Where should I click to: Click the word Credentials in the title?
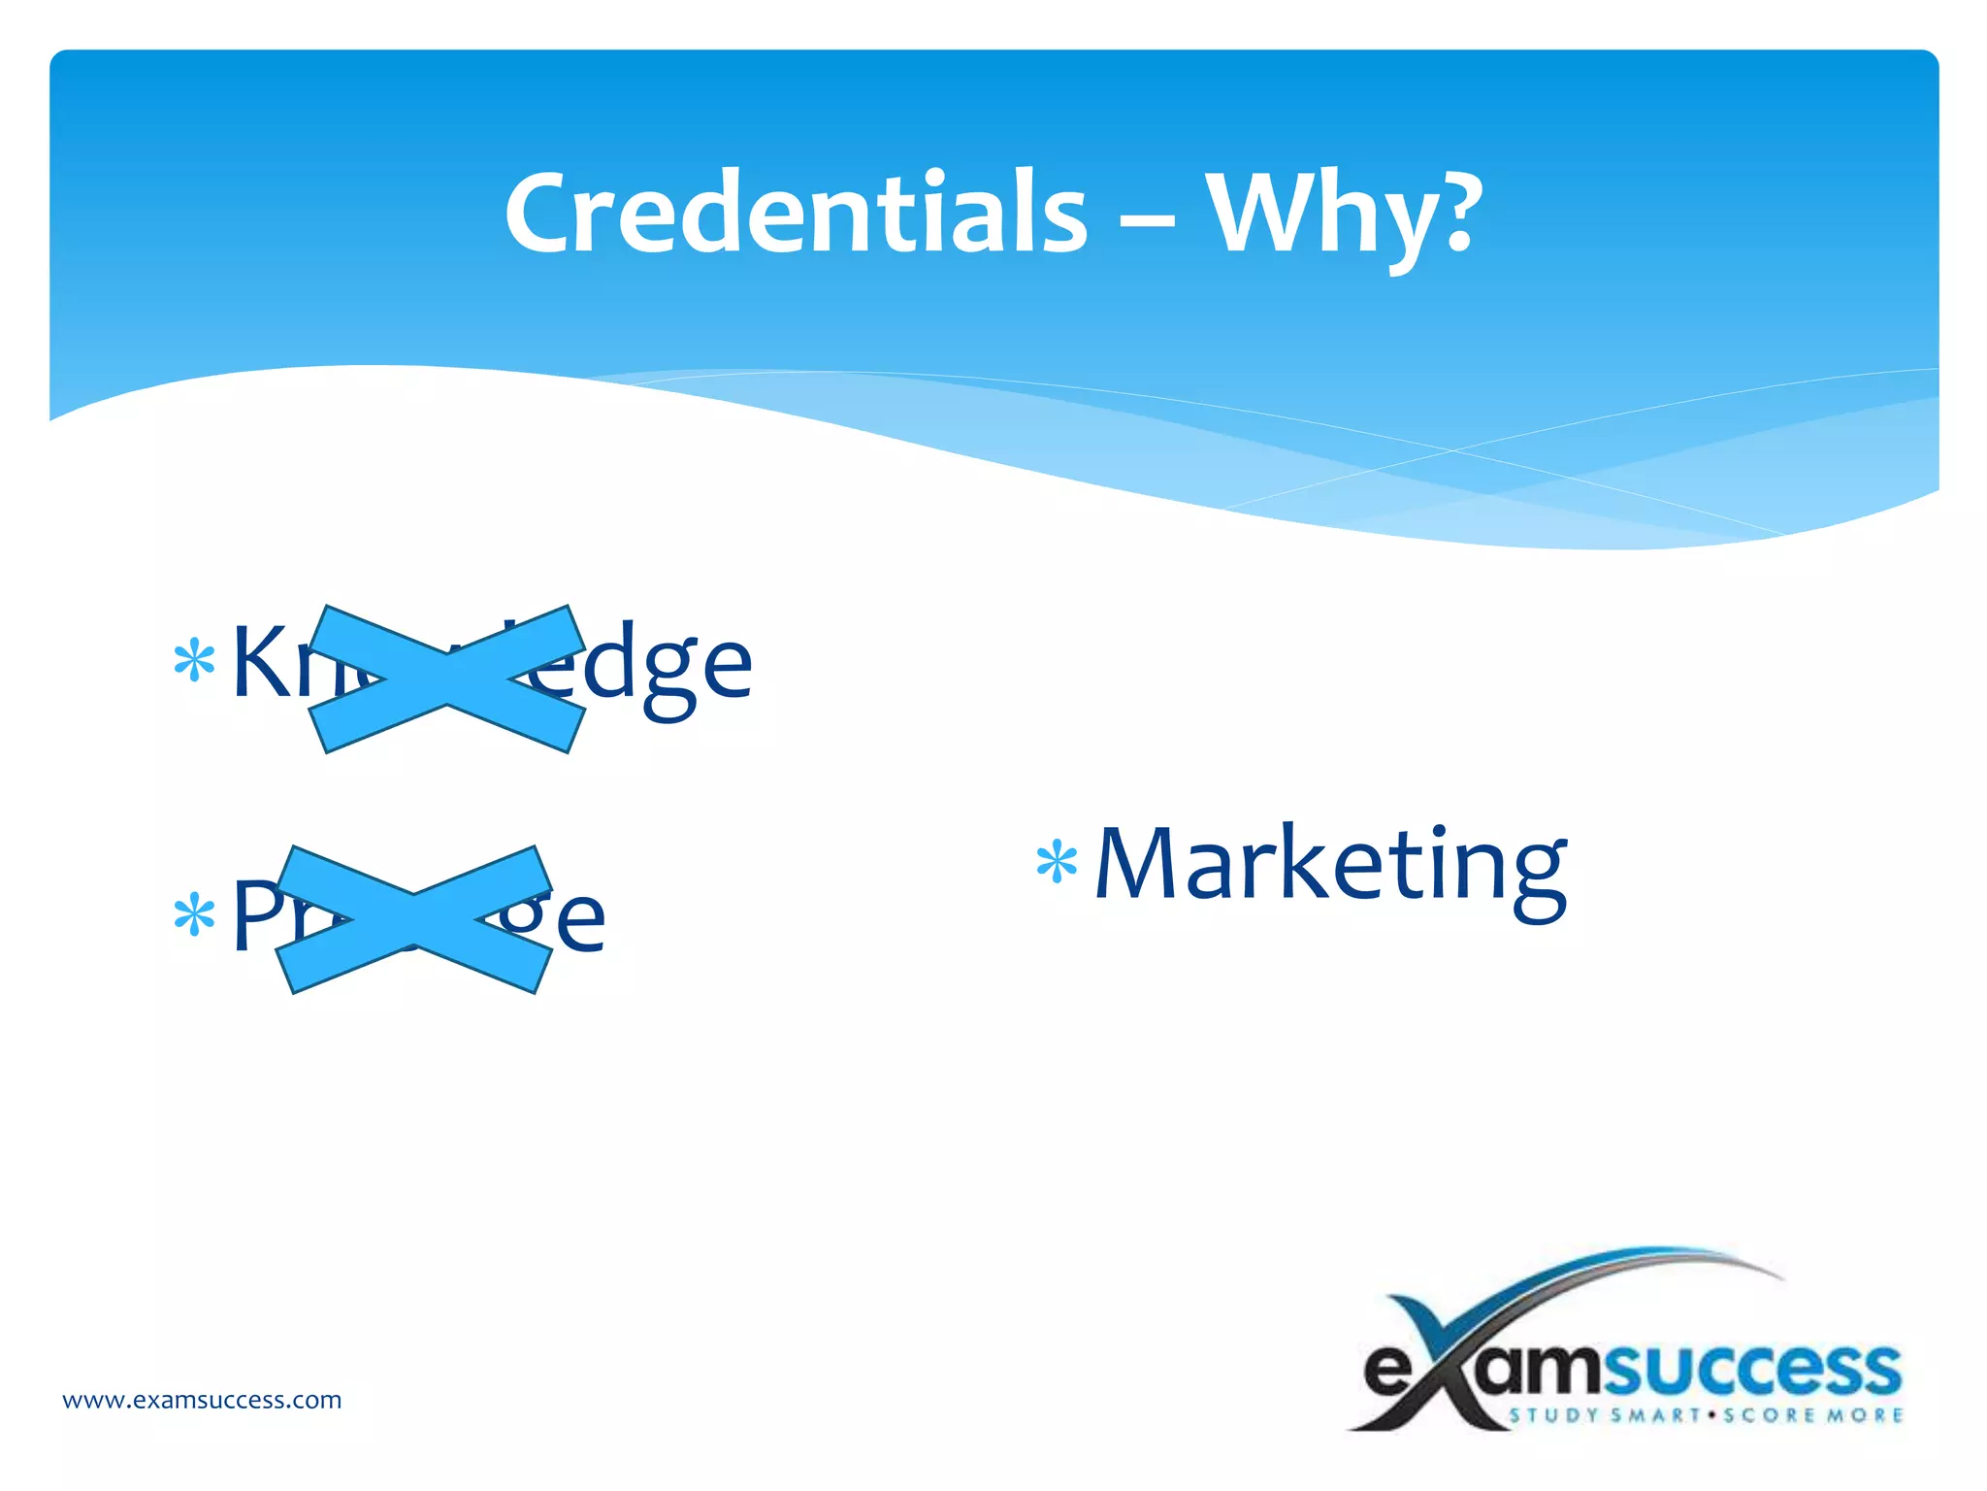(x=796, y=214)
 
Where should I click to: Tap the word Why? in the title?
(x=1344, y=215)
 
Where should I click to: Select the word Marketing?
(x=1330, y=866)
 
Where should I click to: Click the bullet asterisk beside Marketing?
(x=1057, y=863)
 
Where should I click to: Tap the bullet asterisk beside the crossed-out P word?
(x=194, y=914)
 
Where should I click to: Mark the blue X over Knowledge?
(x=447, y=679)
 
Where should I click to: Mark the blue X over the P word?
(x=414, y=919)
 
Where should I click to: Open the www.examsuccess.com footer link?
(x=202, y=1400)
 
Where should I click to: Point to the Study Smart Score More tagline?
(x=1706, y=1415)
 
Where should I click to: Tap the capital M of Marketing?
(x=1137, y=863)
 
